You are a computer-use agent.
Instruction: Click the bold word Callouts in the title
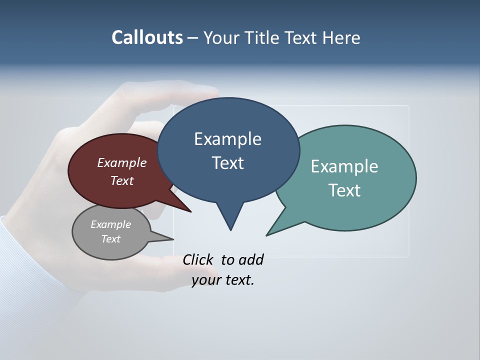[147, 37]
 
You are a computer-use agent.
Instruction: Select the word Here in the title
[341, 37]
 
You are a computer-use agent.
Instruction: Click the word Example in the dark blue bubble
[227, 139]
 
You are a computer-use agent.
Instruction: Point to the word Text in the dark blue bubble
[227, 163]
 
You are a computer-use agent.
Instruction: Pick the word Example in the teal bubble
[344, 166]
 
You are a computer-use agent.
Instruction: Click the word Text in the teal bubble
[344, 190]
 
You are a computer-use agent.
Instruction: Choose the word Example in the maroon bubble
[122, 162]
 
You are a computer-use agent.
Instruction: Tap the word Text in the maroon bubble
[122, 180]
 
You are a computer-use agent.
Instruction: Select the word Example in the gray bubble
[110, 224]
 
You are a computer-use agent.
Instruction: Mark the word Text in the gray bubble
[110, 239]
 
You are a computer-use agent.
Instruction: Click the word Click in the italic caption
[198, 259]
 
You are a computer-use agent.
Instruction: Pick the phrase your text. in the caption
[223, 280]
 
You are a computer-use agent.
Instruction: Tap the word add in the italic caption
[251, 259]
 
